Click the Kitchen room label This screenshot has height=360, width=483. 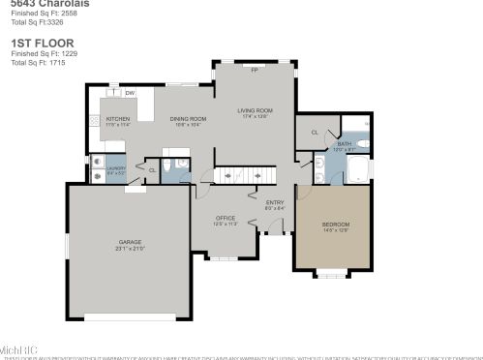pos(117,120)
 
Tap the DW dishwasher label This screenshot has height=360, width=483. pos(129,93)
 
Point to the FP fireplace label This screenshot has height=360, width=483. pos(254,71)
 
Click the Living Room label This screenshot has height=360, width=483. pos(256,111)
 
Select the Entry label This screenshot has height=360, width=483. pos(275,203)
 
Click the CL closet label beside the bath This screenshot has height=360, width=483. pos(315,133)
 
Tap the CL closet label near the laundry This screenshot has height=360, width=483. pos(151,170)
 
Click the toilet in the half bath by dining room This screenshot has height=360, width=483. pos(167,167)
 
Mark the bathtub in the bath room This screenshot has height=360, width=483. pos(358,170)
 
